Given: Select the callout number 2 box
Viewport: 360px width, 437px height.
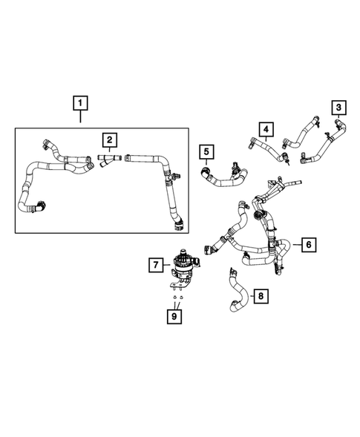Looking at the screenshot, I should (x=109, y=139).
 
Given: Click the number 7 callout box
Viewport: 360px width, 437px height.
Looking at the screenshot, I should (x=154, y=263).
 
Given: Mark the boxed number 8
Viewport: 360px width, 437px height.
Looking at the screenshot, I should (x=260, y=297).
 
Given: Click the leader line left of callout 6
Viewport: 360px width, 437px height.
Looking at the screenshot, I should (x=296, y=243).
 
